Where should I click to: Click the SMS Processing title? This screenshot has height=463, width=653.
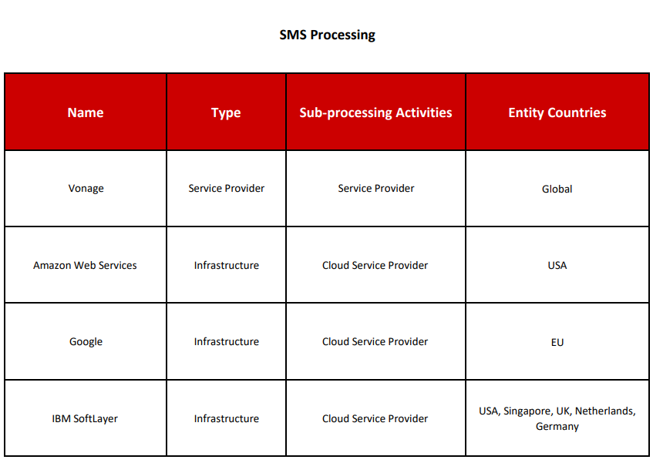pyautogui.click(x=327, y=35)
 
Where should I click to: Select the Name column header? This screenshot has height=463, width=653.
pyautogui.click(x=86, y=112)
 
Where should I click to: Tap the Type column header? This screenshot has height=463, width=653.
pyautogui.click(x=226, y=112)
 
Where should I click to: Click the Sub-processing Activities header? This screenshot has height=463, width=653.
pyautogui.click(x=375, y=112)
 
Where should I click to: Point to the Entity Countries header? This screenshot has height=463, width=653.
pyautogui.click(x=557, y=112)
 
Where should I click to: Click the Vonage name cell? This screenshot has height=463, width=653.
pyautogui.click(x=86, y=189)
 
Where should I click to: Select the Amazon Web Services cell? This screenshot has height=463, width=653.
pyautogui.click(x=85, y=266)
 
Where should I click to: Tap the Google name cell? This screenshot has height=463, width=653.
pyautogui.click(x=86, y=342)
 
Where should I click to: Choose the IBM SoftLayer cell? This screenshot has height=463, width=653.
pyautogui.click(x=85, y=418)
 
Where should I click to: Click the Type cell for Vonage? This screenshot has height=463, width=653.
pyautogui.click(x=226, y=189)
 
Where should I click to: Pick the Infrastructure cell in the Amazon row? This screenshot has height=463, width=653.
pyautogui.click(x=226, y=266)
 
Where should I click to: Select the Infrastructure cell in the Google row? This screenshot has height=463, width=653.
pyautogui.click(x=226, y=341)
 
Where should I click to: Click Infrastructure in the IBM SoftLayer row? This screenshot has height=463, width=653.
pyautogui.click(x=226, y=418)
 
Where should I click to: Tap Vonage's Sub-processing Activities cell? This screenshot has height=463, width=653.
pyautogui.click(x=376, y=189)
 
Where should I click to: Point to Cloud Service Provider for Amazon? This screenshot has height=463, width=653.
pyautogui.click(x=375, y=266)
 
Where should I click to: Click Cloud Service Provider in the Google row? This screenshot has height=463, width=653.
pyautogui.click(x=375, y=341)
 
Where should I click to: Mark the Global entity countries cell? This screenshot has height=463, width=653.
pyautogui.click(x=557, y=189)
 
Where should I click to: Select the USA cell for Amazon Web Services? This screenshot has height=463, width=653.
pyautogui.click(x=557, y=266)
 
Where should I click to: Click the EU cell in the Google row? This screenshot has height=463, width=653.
pyautogui.click(x=557, y=342)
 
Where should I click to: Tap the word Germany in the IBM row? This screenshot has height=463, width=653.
pyautogui.click(x=557, y=427)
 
